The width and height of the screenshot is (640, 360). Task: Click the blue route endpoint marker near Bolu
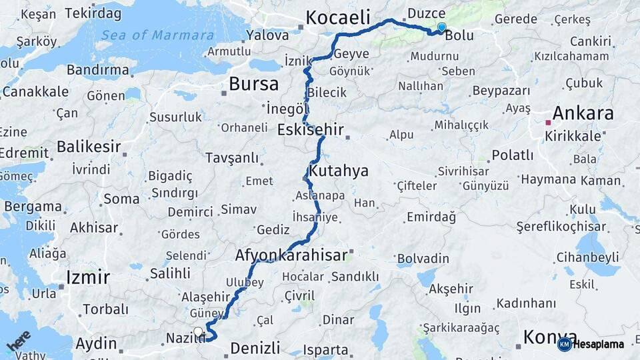coord(441,27)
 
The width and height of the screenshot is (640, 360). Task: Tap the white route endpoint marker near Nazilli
coord(197,331)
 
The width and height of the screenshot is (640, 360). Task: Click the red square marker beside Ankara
coord(548,123)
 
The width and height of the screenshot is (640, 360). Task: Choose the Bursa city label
coord(253,84)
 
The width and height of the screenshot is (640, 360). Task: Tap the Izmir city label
coord(87,277)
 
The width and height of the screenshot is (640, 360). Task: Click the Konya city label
coord(550,336)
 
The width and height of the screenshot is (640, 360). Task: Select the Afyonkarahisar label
coord(291,255)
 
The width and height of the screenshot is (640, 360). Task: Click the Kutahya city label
coord(339,171)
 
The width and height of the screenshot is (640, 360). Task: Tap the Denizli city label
coord(255,347)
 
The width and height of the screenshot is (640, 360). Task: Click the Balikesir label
coord(89,146)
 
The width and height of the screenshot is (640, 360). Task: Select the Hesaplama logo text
coord(599,345)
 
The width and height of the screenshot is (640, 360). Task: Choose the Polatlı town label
coord(513,155)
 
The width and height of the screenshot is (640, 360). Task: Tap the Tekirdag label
coord(93,13)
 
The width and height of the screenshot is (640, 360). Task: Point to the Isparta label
coord(325,349)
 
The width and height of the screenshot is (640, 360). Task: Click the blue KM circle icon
coord(564,345)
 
